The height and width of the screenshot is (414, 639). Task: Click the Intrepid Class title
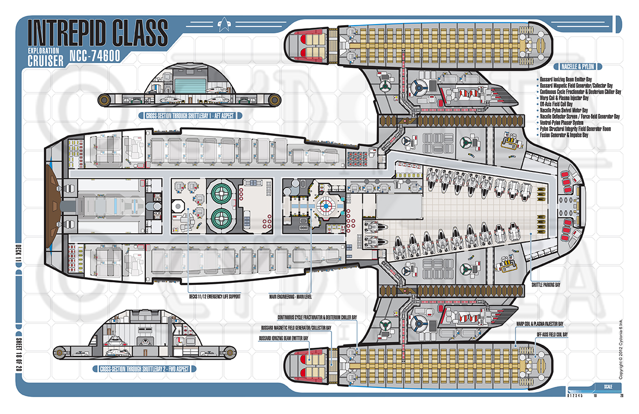(97, 32)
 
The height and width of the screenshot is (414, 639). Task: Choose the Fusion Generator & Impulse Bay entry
(572, 135)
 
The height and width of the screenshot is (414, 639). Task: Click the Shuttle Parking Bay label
(546, 285)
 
